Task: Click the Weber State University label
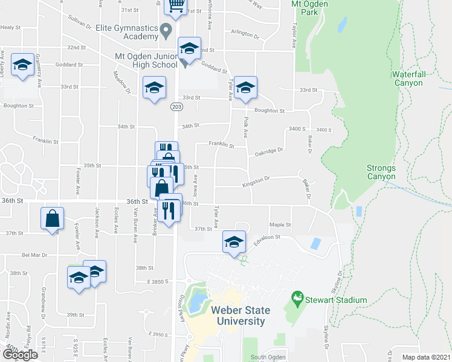pos(238,316)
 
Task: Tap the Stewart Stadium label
pos(337,300)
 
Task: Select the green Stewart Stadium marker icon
pos(297,298)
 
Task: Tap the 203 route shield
pos(176,107)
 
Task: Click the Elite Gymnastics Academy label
pos(127,32)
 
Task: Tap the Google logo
pos(20,354)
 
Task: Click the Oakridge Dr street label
pos(268,151)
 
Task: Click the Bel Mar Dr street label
pos(35,255)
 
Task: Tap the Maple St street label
pos(280,225)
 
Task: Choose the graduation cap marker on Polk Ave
pos(245,87)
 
